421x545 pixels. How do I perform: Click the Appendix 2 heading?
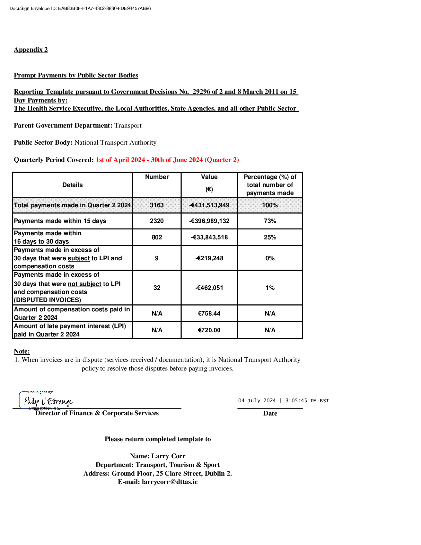click(31, 49)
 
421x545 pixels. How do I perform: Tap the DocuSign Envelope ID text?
click(80, 8)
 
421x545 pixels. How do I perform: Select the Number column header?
click(157, 177)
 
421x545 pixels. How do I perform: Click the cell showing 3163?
click(157, 205)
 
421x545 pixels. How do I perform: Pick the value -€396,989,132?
click(209, 221)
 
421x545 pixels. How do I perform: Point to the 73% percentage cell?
click(270, 221)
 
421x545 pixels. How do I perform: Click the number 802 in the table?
click(157, 237)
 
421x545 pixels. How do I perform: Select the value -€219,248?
click(209, 258)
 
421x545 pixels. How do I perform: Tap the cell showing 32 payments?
click(157, 288)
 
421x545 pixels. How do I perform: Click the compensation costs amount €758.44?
click(209, 314)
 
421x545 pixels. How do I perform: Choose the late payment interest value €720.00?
click(209, 330)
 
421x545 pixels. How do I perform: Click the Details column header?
click(73, 185)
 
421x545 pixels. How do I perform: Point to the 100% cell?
click(270, 205)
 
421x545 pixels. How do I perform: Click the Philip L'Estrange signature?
click(48, 401)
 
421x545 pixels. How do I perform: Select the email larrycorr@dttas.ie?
click(170, 482)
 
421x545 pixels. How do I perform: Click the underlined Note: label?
click(22, 351)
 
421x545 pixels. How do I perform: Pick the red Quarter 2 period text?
click(167, 160)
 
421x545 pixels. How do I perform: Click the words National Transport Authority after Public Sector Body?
click(115, 142)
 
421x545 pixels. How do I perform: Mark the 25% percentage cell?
click(270, 237)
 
